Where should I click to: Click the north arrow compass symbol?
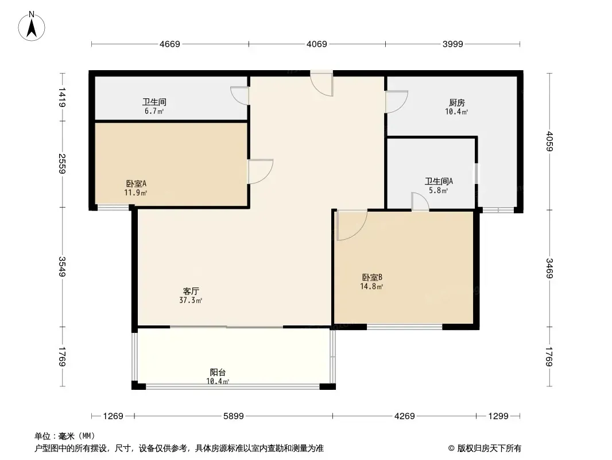[x=32, y=26]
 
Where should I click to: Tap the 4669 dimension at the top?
[x=170, y=44]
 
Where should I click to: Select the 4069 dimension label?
[x=316, y=44]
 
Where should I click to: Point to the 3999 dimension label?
[x=453, y=44]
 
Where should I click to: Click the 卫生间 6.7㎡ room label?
[x=154, y=106]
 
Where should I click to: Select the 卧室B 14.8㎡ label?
[x=371, y=282]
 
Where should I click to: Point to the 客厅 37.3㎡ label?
[x=191, y=296]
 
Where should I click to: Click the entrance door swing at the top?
[x=322, y=83]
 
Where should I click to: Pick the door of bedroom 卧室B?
[x=351, y=225]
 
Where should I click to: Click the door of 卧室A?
[x=261, y=171]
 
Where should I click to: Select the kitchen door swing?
[x=397, y=102]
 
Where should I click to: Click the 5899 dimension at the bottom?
[x=234, y=416]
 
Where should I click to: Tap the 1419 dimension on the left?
[x=61, y=98]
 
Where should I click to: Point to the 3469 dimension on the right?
[x=549, y=269]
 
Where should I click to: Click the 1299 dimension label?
[x=498, y=416]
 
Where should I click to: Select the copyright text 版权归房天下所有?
[x=489, y=448]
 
